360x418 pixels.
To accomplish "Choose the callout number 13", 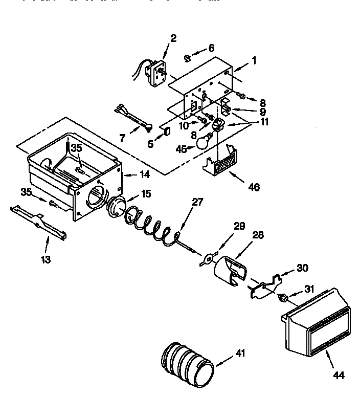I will [46, 259].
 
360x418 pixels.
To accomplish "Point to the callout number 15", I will [146, 195].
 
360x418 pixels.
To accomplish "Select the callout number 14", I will [144, 174].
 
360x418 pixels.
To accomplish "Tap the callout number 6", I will [211, 48].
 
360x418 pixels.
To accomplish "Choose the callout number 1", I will [254, 60].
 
